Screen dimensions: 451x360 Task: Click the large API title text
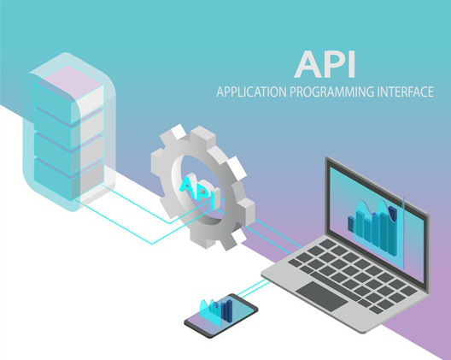325,64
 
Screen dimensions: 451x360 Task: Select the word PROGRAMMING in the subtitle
331,91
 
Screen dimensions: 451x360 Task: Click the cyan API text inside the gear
198,192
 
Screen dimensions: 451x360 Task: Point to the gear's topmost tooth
179,132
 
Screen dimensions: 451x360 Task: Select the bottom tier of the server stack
68,180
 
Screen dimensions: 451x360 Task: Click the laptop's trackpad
322,297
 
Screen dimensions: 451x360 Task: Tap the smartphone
221,316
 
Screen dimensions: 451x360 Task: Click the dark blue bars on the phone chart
226,310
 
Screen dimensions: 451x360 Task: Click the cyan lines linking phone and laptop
253,288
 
